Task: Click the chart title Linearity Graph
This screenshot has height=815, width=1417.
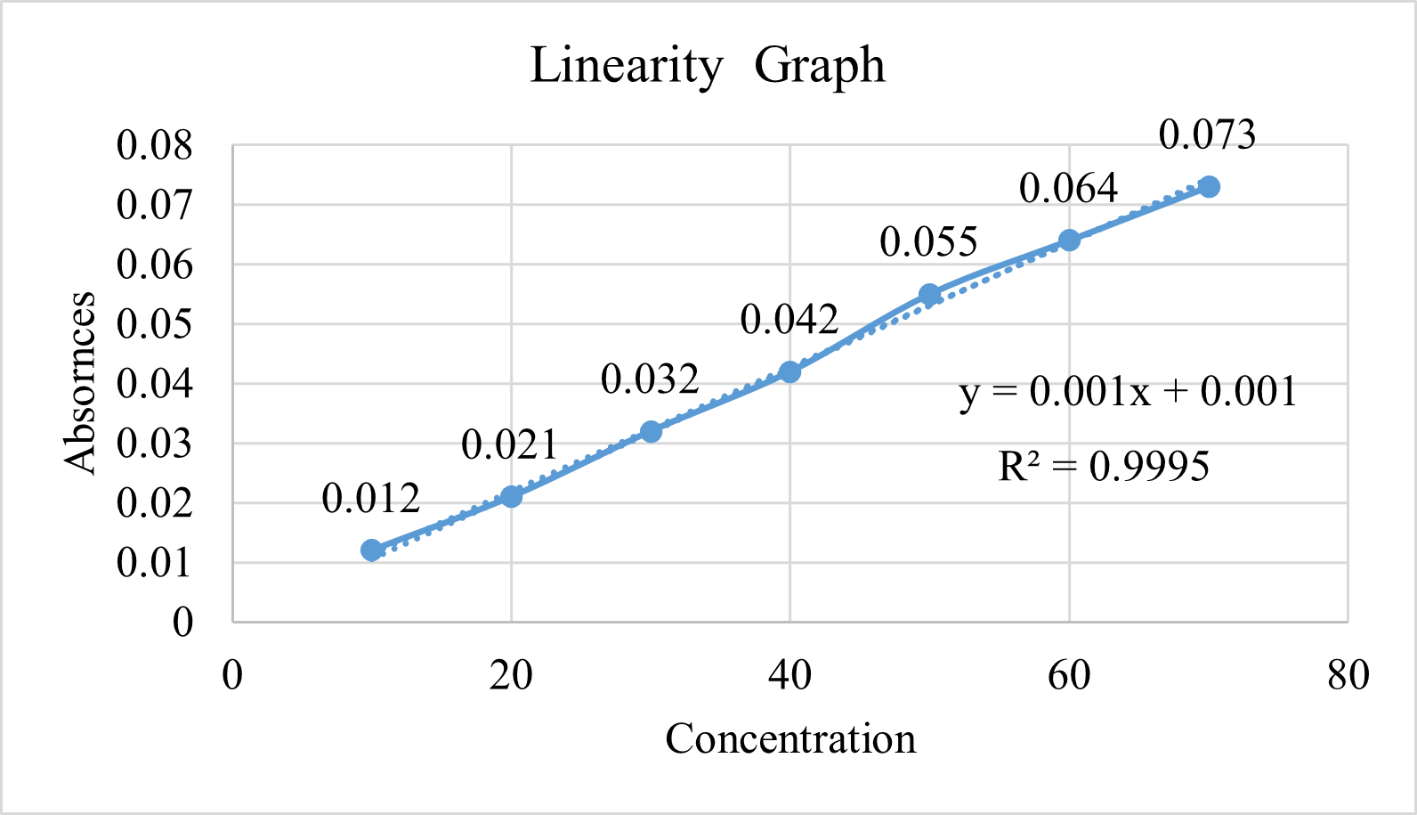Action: tap(708, 66)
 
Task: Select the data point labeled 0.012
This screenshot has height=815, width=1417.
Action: tap(372, 550)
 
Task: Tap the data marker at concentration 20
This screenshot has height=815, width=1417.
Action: tap(511, 496)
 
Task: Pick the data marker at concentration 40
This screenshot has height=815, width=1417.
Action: tap(789, 371)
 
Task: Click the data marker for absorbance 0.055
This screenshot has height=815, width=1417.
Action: tap(929, 295)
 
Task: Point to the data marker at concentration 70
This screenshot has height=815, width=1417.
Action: tap(1209, 187)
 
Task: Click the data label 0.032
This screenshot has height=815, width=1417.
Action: tap(650, 380)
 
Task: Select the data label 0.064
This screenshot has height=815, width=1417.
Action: tap(1068, 189)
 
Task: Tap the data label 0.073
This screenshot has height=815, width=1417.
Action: tap(1207, 135)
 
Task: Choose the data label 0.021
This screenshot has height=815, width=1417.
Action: tap(510, 444)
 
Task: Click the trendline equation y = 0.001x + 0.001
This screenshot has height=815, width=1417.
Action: tap(1128, 392)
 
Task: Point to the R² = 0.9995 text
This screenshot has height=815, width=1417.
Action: tap(1104, 467)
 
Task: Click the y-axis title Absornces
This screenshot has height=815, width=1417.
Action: tap(80, 383)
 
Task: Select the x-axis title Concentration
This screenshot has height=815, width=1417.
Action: tap(790, 739)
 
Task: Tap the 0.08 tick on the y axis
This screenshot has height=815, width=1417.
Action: tap(155, 145)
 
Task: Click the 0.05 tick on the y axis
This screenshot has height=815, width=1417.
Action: tap(155, 324)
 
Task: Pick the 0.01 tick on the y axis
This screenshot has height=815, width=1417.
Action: tap(155, 563)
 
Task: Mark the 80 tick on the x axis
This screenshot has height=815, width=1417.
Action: tap(1348, 676)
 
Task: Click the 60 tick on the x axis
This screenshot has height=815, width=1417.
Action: tap(1068, 676)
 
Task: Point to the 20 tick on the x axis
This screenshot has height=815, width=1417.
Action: tap(511, 676)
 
